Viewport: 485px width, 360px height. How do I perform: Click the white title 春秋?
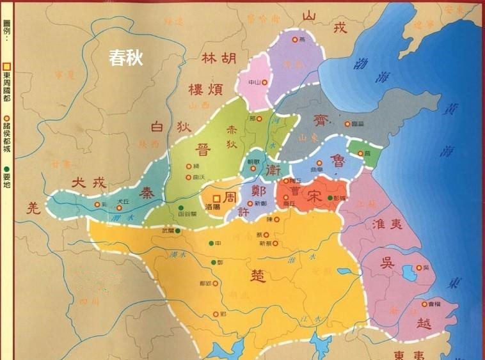click(125, 59)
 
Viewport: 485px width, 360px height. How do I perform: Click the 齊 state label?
click(319, 120)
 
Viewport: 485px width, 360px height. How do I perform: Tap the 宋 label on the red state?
click(314, 191)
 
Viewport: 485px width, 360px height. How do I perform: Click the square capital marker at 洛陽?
click(217, 198)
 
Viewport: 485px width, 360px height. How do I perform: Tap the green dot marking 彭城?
click(331, 198)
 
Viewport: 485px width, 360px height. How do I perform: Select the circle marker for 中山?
click(264, 81)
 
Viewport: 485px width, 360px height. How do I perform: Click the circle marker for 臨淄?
click(347, 124)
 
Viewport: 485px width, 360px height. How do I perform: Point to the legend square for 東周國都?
click(7, 66)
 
